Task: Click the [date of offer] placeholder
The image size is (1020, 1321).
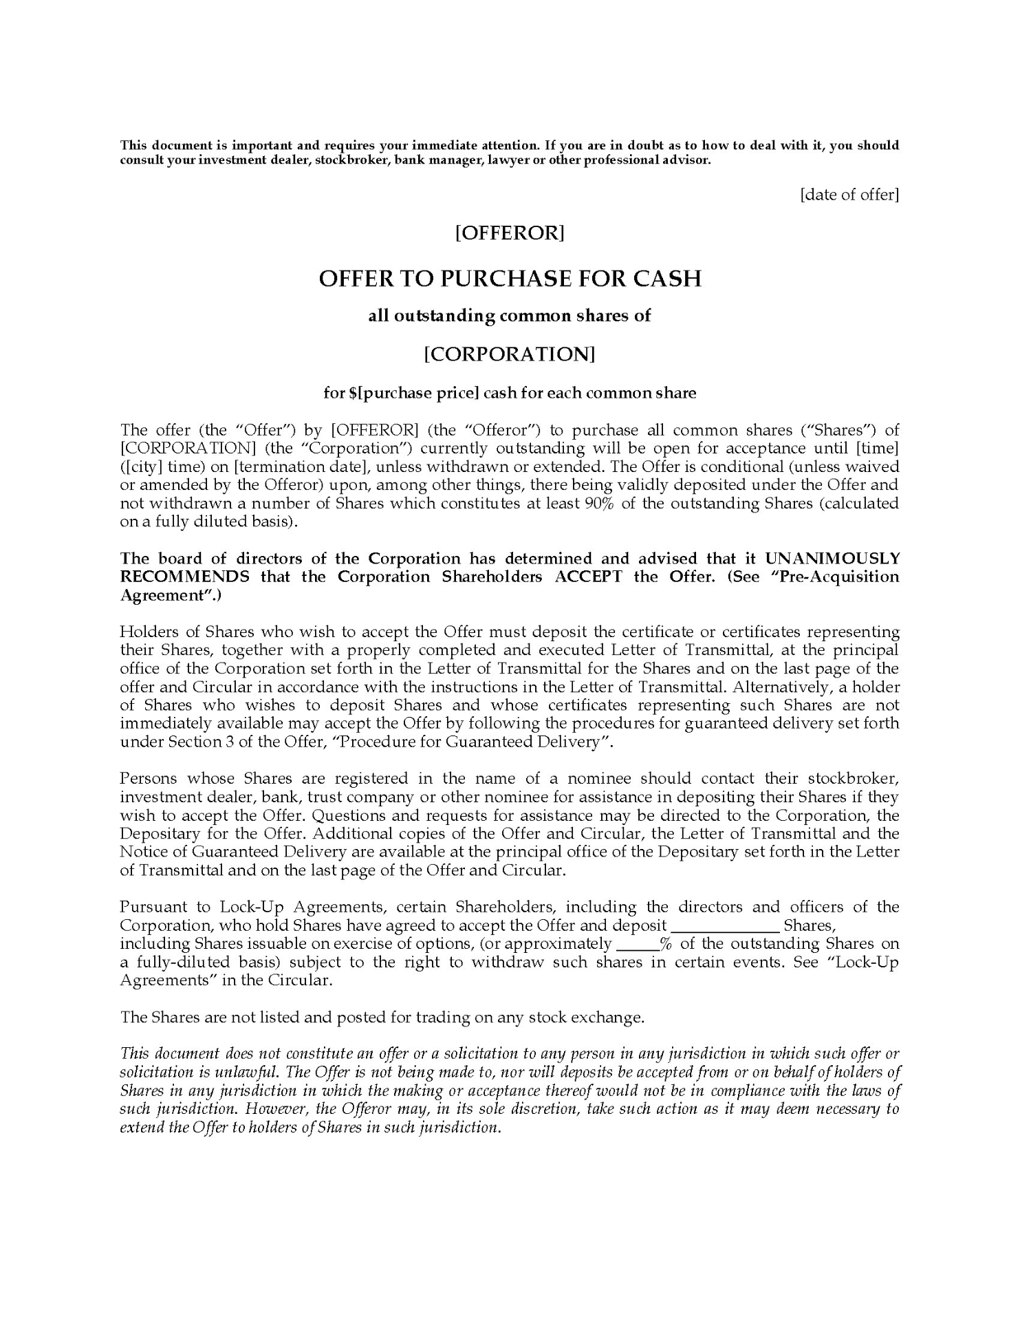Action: click(x=849, y=195)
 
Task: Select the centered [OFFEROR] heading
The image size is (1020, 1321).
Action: click(x=510, y=233)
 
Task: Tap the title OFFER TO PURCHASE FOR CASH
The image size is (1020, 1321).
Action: click(x=510, y=278)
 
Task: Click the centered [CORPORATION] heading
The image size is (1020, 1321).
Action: click(x=510, y=354)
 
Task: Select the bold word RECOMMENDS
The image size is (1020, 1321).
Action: click(x=184, y=577)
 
